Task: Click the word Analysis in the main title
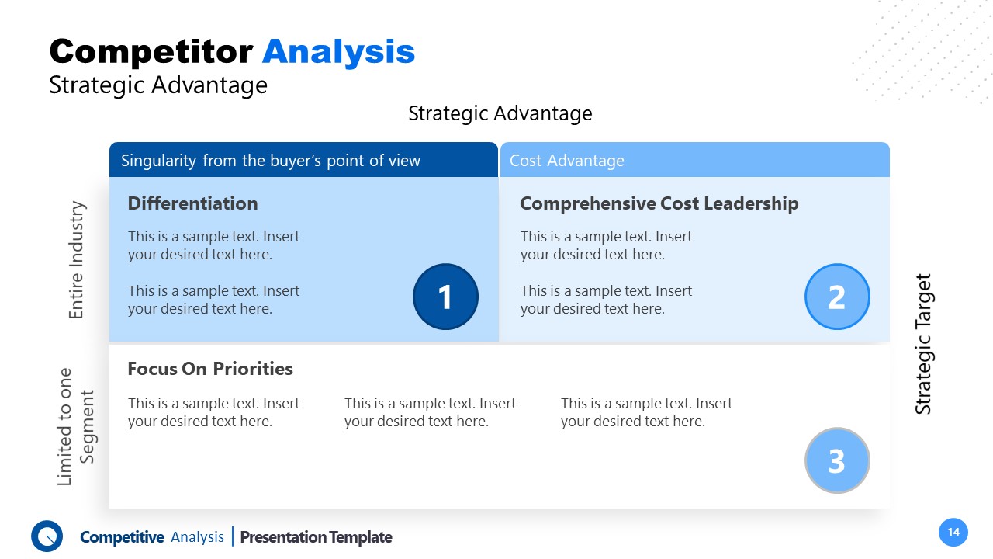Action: point(338,52)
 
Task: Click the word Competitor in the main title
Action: point(151,52)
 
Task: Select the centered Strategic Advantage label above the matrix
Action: point(500,113)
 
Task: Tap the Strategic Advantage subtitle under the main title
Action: point(158,85)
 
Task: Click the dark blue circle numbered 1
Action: point(445,297)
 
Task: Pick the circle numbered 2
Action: point(837,297)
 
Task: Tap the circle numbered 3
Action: point(837,460)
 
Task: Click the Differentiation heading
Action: point(192,203)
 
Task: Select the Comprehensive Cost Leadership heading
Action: point(659,203)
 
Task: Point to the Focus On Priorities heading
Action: point(210,369)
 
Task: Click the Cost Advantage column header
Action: point(567,161)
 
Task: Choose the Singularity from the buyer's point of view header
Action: point(271,161)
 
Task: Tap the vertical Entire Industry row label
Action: point(76,260)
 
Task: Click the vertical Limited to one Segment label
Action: point(76,426)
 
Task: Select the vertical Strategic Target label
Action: point(922,344)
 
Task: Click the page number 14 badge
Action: point(953,532)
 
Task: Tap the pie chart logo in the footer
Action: point(47,536)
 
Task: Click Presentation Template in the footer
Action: point(316,537)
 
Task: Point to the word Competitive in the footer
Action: point(122,537)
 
